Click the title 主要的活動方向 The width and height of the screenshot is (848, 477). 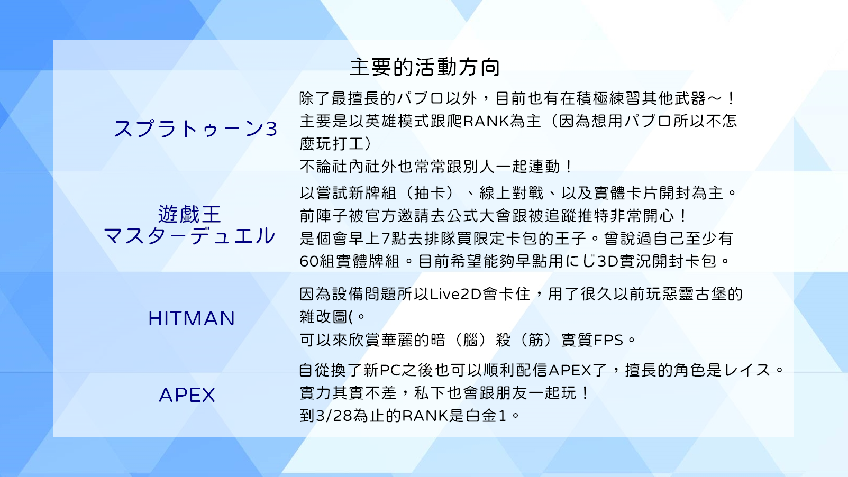pos(425,67)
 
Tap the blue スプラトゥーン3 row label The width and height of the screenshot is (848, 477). pos(196,129)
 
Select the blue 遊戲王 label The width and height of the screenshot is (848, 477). pos(189,214)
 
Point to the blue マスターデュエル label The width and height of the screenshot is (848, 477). pos(189,235)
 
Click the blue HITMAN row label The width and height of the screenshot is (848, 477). pos(192,318)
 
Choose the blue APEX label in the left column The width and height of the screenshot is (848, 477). pos(187,395)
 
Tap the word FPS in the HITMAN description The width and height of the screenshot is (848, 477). pos(608,340)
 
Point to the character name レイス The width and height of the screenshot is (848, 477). pos(747,370)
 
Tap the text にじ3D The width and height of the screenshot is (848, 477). pos(595,261)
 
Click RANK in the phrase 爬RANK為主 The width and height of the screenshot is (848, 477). pos(486,121)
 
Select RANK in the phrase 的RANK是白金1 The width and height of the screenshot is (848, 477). pos(425,416)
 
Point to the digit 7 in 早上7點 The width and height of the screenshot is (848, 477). pos(386,238)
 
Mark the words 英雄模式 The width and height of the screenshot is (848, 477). pos(397,121)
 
